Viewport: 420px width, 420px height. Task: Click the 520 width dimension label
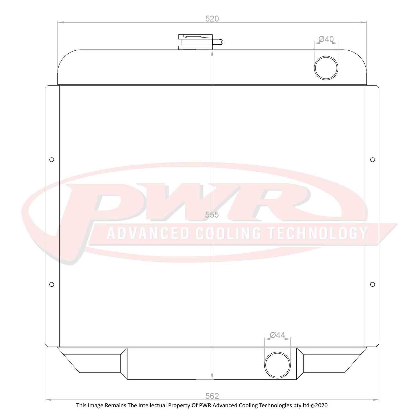(x=212, y=19)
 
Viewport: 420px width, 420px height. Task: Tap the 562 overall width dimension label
(x=212, y=396)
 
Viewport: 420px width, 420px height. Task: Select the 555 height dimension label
(x=212, y=215)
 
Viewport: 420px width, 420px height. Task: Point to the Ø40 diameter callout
(x=326, y=39)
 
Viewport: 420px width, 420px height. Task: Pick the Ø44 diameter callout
(x=277, y=335)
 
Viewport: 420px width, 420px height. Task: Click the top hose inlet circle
(x=326, y=68)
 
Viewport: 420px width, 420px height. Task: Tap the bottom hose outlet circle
(x=277, y=365)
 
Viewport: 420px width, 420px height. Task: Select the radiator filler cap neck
(x=195, y=42)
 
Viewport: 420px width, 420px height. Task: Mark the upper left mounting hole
(x=52, y=160)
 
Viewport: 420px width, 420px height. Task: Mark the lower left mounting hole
(x=52, y=284)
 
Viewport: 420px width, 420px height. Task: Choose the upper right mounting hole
(x=372, y=160)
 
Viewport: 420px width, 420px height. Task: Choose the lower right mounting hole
(x=372, y=284)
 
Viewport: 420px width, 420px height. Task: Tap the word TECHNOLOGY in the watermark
(x=317, y=233)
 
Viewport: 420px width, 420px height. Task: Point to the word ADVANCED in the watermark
(x=148, y=233)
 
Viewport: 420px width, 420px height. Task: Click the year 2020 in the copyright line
(x=321, y=406)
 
